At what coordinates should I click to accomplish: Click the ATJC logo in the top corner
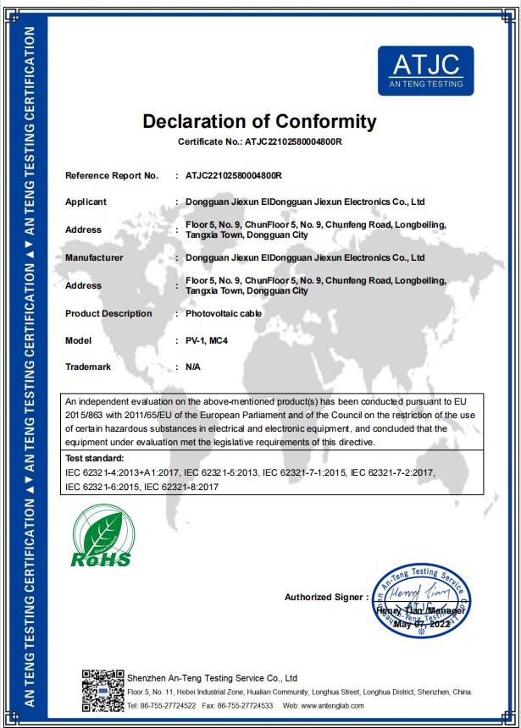[425, 70]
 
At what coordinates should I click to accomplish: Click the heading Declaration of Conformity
[259, 121]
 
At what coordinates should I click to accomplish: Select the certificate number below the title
[293, 141]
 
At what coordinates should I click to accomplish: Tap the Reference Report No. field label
[112, 175]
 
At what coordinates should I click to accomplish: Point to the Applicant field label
[86, 202]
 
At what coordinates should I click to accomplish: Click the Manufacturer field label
[94, 257]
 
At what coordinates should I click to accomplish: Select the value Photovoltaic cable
[224, 313]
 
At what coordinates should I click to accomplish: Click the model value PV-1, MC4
[208, 340]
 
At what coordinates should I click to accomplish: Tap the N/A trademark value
[193, 367]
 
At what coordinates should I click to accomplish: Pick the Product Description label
[108, 313]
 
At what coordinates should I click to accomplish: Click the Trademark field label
[88, 367]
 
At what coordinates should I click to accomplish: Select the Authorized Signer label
[324, 597]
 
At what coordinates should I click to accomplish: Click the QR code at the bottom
[103, 689]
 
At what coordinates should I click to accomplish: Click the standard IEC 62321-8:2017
[182, 487]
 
